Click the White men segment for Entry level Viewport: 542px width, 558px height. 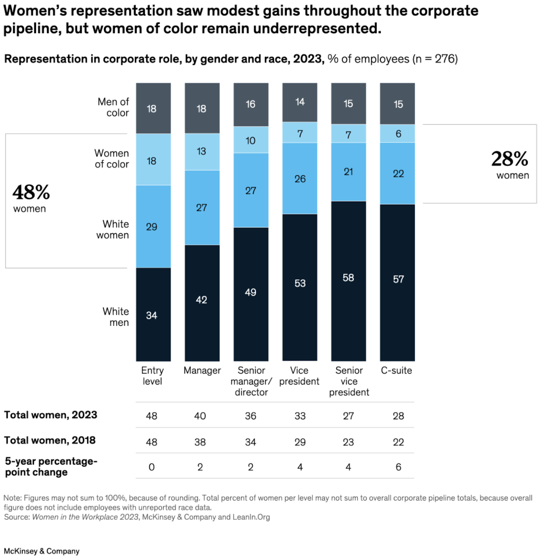(x=153, y=314)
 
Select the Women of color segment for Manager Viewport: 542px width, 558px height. (x=202, y=151)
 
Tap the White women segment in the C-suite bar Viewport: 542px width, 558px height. (x=397, y=173)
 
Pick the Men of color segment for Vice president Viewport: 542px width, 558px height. (x=299, y=102)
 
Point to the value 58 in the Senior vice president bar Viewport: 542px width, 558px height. (x=348, y=278)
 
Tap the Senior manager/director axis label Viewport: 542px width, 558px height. (x=251, y=381)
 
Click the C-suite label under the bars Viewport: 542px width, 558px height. (x=396, y=370)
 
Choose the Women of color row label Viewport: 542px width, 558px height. (x=112, y=159)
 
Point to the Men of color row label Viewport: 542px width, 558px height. (x=113, y=107)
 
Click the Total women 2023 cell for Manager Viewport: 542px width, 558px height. (x=200, y=416)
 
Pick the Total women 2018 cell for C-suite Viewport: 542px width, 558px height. (x=398, y=442)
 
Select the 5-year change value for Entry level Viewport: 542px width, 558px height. (x=152, y=467)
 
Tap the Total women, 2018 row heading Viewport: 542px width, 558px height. (x=50, y=440)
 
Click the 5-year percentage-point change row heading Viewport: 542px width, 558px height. (x=51, y=467)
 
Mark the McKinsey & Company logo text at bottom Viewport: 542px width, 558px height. (x=42, y=551)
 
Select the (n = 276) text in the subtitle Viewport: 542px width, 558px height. (x=435, y=59)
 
